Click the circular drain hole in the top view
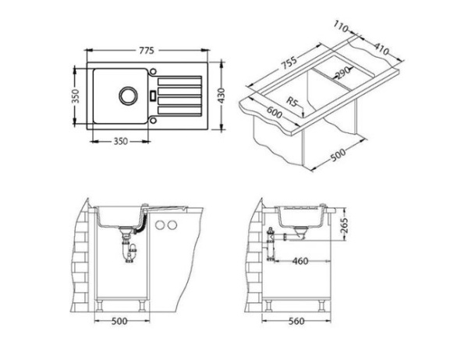pyautogui.click(x=126, y=97)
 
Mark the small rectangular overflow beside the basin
pyautogui.click(x=151, y=97)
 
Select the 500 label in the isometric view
pyautogui.click(x=337, y=155)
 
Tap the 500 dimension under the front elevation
pyautogui.click(x=119, y=320)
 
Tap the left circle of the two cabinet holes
pyautogui.click(x=160, y=225)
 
